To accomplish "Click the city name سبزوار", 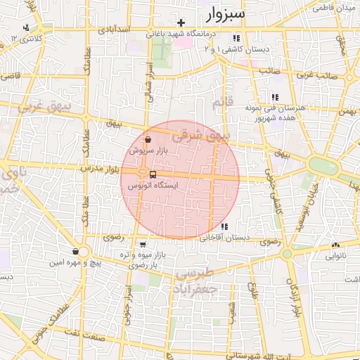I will point(224,13).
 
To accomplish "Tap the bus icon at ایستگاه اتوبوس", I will point(153,174).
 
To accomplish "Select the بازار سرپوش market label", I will point(146,150).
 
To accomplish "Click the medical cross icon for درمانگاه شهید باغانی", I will point(181,22).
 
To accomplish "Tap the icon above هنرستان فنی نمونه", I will point(274,98).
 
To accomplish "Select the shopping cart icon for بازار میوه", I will point(143,244).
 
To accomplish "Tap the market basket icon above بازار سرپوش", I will point(146,139).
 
